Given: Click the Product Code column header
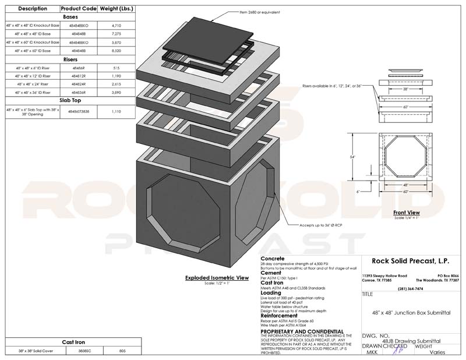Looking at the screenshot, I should (79, 9).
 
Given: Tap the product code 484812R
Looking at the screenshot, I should (79, 76).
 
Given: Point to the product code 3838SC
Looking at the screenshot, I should (79, 351).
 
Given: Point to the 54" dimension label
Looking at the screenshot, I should (352, 157).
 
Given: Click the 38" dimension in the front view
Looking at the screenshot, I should (404, 90).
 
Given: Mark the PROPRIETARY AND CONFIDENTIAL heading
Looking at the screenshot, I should (299, 330).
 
